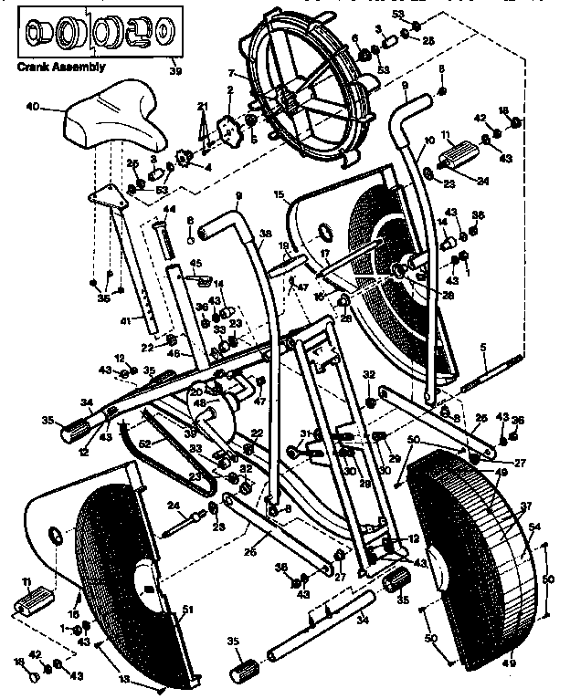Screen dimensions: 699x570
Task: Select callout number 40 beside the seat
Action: click(33, 107)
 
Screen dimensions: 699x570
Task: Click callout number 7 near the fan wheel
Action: click(232, 73)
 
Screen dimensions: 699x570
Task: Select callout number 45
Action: click(195, 265)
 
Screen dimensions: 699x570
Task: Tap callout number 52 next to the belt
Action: click(144, 444)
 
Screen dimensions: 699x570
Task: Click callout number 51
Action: click(189, 610)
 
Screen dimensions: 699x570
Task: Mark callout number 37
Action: click(524, 506)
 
